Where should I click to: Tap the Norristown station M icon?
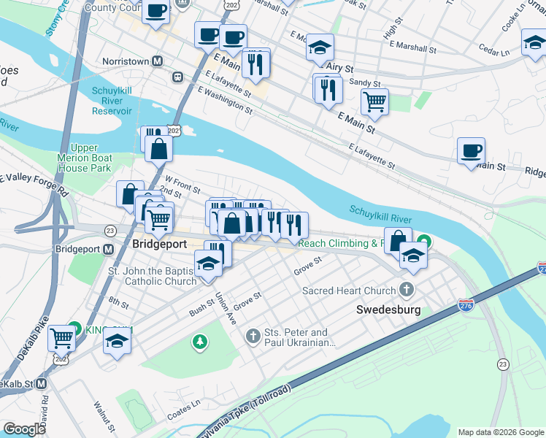(157, 62)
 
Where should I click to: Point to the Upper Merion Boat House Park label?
(85, 158)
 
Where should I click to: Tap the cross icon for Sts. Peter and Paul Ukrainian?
(253, 337)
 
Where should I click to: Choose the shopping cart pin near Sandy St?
(374, 102)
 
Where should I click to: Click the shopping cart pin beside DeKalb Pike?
(62, 338)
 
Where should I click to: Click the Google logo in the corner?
(24, 429)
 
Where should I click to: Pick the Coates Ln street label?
(185, 403)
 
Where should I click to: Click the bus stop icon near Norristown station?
(177, 77)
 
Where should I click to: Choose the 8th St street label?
(118, 300)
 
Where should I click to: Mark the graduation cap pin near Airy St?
(320, 47)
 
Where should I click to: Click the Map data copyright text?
(500, 432)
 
